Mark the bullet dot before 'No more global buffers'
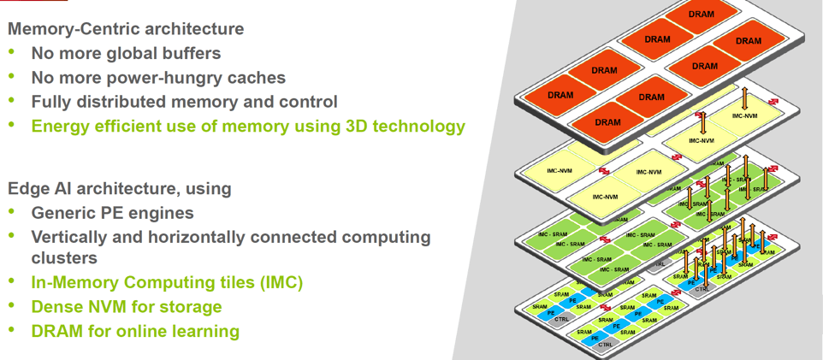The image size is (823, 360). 12,53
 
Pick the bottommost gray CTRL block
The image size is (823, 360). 605,345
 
